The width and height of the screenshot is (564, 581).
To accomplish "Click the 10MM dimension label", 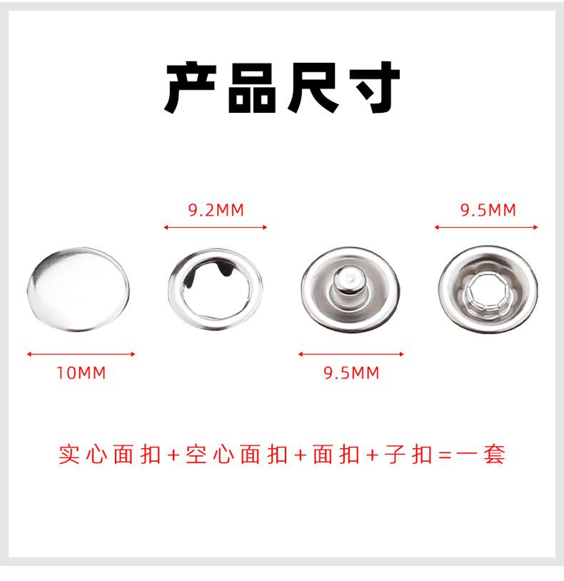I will pyautogui.click(x=81, y=373).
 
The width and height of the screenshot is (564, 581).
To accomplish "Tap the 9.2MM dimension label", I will pyautogui.click(x=216, y=210).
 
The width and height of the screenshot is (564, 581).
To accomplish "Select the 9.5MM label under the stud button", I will pyautogui.click(x=351, y=373).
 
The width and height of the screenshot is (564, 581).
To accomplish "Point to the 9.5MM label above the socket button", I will pyautogui.click(x=487, y=210).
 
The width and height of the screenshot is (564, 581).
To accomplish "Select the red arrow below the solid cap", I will pyautogui.click(x=81, y=353).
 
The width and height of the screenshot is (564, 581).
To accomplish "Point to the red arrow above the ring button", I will pyautogui.click(x=215, y=228).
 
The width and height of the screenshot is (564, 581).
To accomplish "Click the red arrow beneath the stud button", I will pyautogui.click(x=351, y=353).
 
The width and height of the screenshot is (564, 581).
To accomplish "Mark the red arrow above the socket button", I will pyautogui.click(x=486, y=228).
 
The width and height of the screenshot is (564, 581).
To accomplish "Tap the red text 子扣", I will pyautogui.click(x=409, y=455).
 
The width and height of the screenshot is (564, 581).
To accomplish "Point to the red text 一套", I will pyautogui.click(x=483, y=455).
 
